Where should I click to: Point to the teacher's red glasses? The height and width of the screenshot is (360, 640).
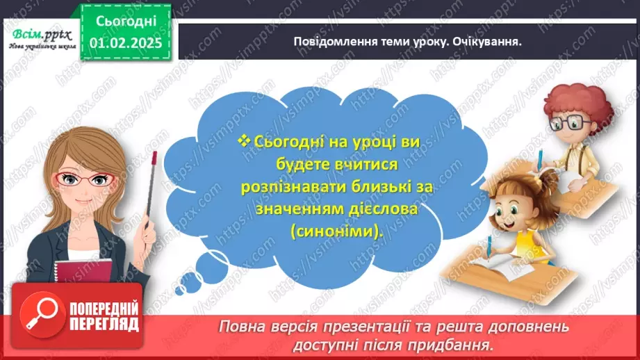pos(87,179)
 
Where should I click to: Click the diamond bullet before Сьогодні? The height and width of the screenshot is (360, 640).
pos(243,141)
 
